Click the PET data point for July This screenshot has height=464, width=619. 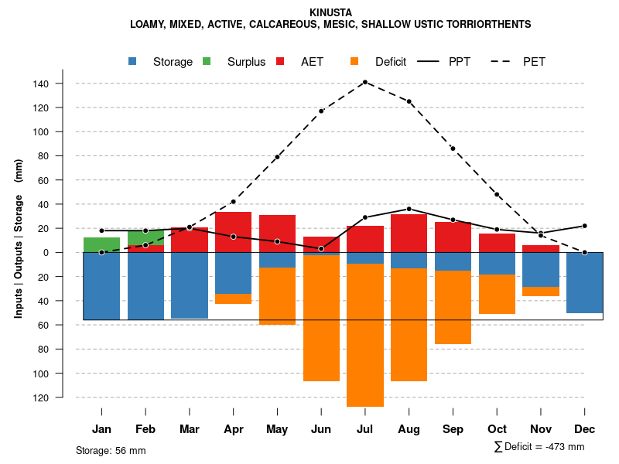point(365,82)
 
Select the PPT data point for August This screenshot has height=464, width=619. point(409,209)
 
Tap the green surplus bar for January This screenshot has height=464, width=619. point(101,244)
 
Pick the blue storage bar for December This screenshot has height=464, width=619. point(585,282)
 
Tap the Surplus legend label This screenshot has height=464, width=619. point(246,62)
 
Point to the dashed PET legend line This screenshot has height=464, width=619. point(504,62)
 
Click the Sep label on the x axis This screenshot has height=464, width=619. point(453,429)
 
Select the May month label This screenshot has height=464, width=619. point(277,429)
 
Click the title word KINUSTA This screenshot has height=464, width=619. point(330,13)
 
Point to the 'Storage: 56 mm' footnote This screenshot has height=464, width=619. point(111,450)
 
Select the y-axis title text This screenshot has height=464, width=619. point(19,238)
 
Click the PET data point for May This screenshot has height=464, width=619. point(277,157)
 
